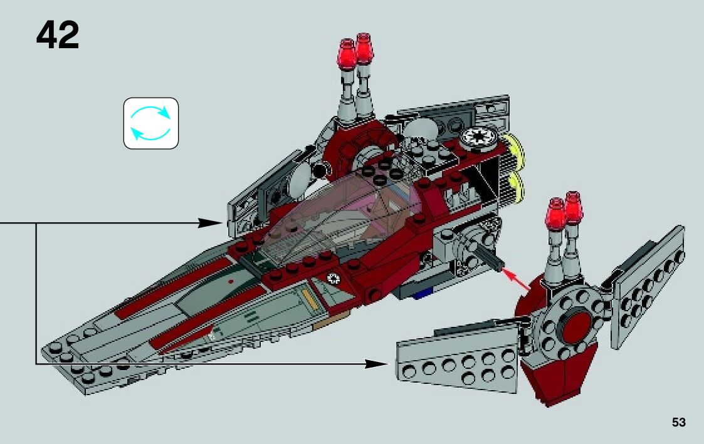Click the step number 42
[58, 36]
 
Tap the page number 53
[678, 423]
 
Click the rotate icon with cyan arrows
[151, 123]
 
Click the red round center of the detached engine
[577, 324]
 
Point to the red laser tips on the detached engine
[564, 213]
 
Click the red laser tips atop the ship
[355, 51]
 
